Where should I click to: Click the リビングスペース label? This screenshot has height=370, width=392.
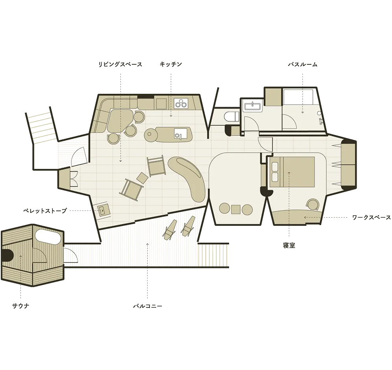(x=120, y=64)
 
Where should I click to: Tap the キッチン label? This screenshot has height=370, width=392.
(x=171, y=64)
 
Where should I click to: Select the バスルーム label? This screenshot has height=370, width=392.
(x=303, y=64)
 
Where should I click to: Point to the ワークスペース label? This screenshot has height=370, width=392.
(x=371, y=218)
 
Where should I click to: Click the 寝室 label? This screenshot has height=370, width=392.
(x=289, y=245)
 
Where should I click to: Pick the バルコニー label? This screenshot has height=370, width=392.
(x=148, y=306)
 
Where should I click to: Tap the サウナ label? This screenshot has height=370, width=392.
(x=21, y=306)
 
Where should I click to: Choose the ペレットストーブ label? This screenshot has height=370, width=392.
(x=45, y=211)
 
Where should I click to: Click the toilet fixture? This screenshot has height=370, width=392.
(x=229, y=117)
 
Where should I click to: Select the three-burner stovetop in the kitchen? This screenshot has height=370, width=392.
(x=181, y=103)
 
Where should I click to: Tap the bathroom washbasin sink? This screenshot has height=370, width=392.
(x=253, y=106)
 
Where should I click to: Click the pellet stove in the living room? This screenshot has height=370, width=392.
(x=102, y=211)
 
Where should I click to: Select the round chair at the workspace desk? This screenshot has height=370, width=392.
(x=312, y=205)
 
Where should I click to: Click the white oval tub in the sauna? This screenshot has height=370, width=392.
(x=48, y=237)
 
